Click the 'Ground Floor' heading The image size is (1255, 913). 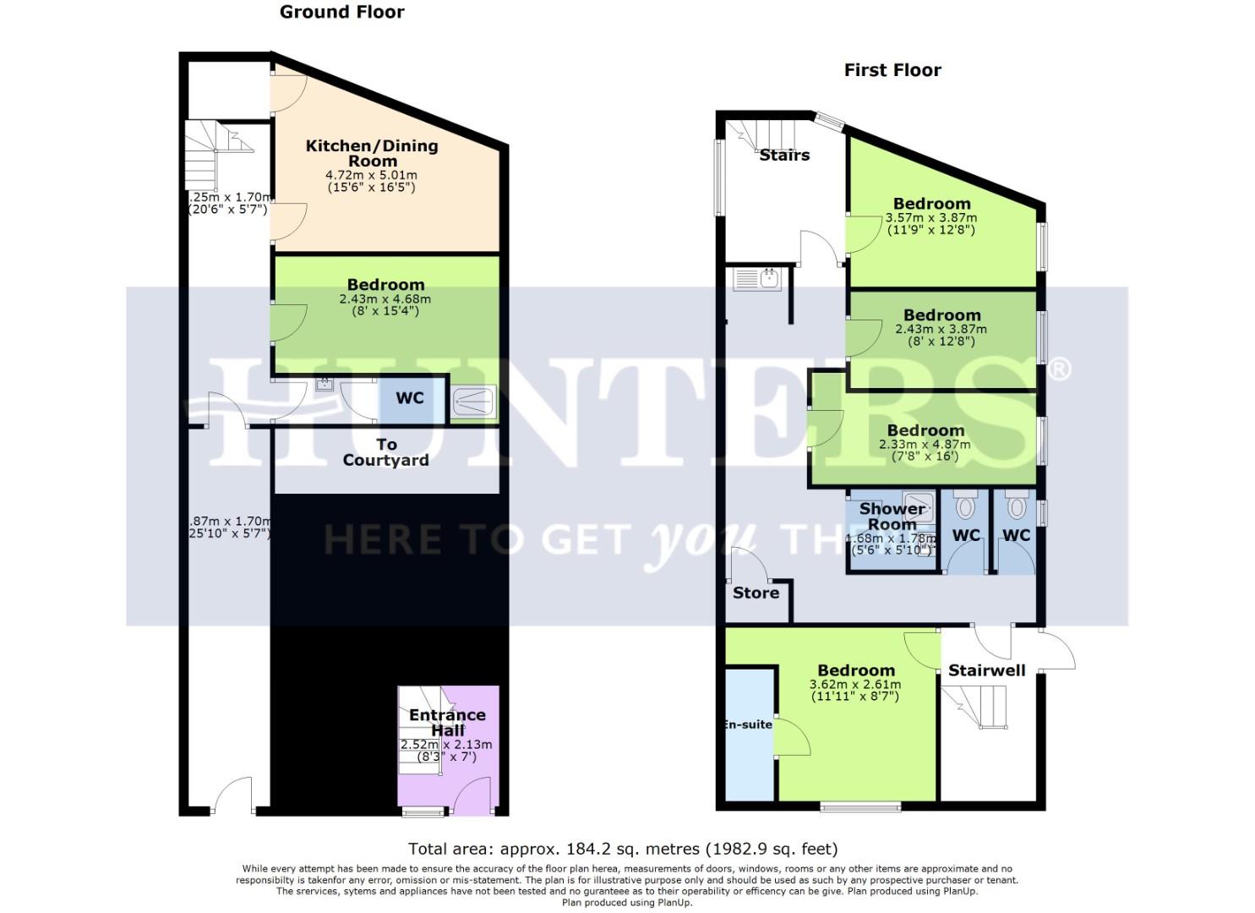(x=341, y=12)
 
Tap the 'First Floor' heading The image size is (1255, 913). (x=892, y=70)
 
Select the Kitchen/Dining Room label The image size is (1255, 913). (x=372, y=153)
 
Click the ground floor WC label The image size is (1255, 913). (x=410, y=397)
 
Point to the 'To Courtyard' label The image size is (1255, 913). (x=386, y=452)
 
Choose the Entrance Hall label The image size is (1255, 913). (x=447, y=723)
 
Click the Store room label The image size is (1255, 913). (x=756, y=593)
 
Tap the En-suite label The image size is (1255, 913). (x=748, y=724)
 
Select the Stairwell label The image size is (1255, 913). (x=986, y=671)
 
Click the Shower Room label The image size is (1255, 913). (x=892, y=517)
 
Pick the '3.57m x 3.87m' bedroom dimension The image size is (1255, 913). (x=930, y=217)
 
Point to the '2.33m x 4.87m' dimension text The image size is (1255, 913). (x=925, y=445)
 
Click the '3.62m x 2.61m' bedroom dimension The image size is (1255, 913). (x=855, y=685)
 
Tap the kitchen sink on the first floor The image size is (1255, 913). (x=758, y=279)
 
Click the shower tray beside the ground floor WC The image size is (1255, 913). (x=474, y=402)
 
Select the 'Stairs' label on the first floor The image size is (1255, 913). (x=784, y=155)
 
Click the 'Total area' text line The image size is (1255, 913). (x=623, y=849)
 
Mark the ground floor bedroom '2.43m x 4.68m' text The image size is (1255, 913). (x=385, y=298)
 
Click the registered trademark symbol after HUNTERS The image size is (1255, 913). (x=1059, y=369)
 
